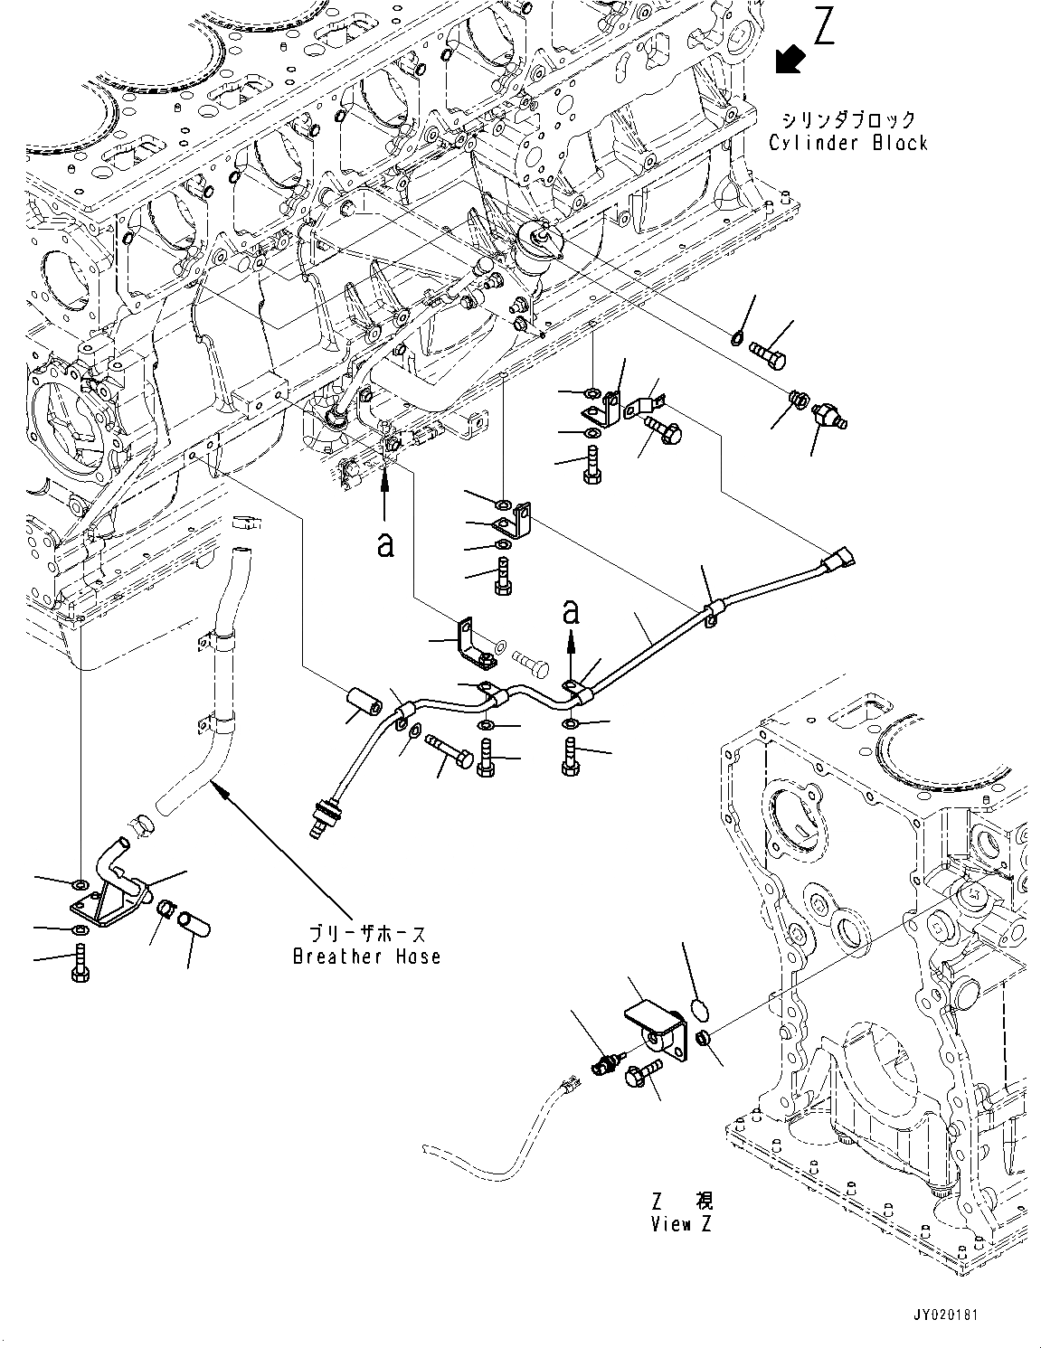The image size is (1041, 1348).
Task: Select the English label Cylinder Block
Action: point(847,143)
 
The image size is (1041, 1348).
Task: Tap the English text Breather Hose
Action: point(366,957)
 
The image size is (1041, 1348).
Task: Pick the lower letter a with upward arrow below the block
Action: point(386,543)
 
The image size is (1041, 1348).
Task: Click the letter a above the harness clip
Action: point(570,612)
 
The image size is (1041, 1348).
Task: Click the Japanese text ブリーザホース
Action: point(366,935)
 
